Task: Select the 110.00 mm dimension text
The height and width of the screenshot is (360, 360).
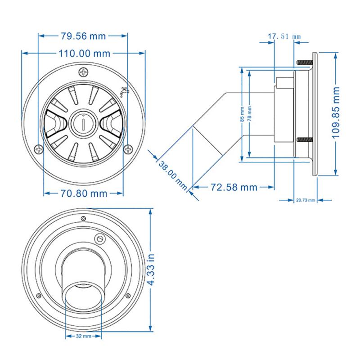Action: (84, 53)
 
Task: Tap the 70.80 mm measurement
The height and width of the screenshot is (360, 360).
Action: (84, 193)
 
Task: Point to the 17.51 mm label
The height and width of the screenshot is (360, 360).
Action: (283, 36)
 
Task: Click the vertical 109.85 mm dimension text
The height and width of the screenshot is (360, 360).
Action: (347, 114)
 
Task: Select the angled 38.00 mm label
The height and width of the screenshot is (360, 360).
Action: (172, 175)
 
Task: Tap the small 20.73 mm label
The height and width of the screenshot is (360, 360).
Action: (306, 199)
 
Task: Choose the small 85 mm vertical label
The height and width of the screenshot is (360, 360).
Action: (242, 114)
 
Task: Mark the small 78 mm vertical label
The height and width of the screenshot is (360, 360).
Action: (249, 114)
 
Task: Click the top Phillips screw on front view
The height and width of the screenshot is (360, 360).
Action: (84, 72)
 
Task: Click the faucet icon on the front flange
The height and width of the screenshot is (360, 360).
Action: (124, 91)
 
